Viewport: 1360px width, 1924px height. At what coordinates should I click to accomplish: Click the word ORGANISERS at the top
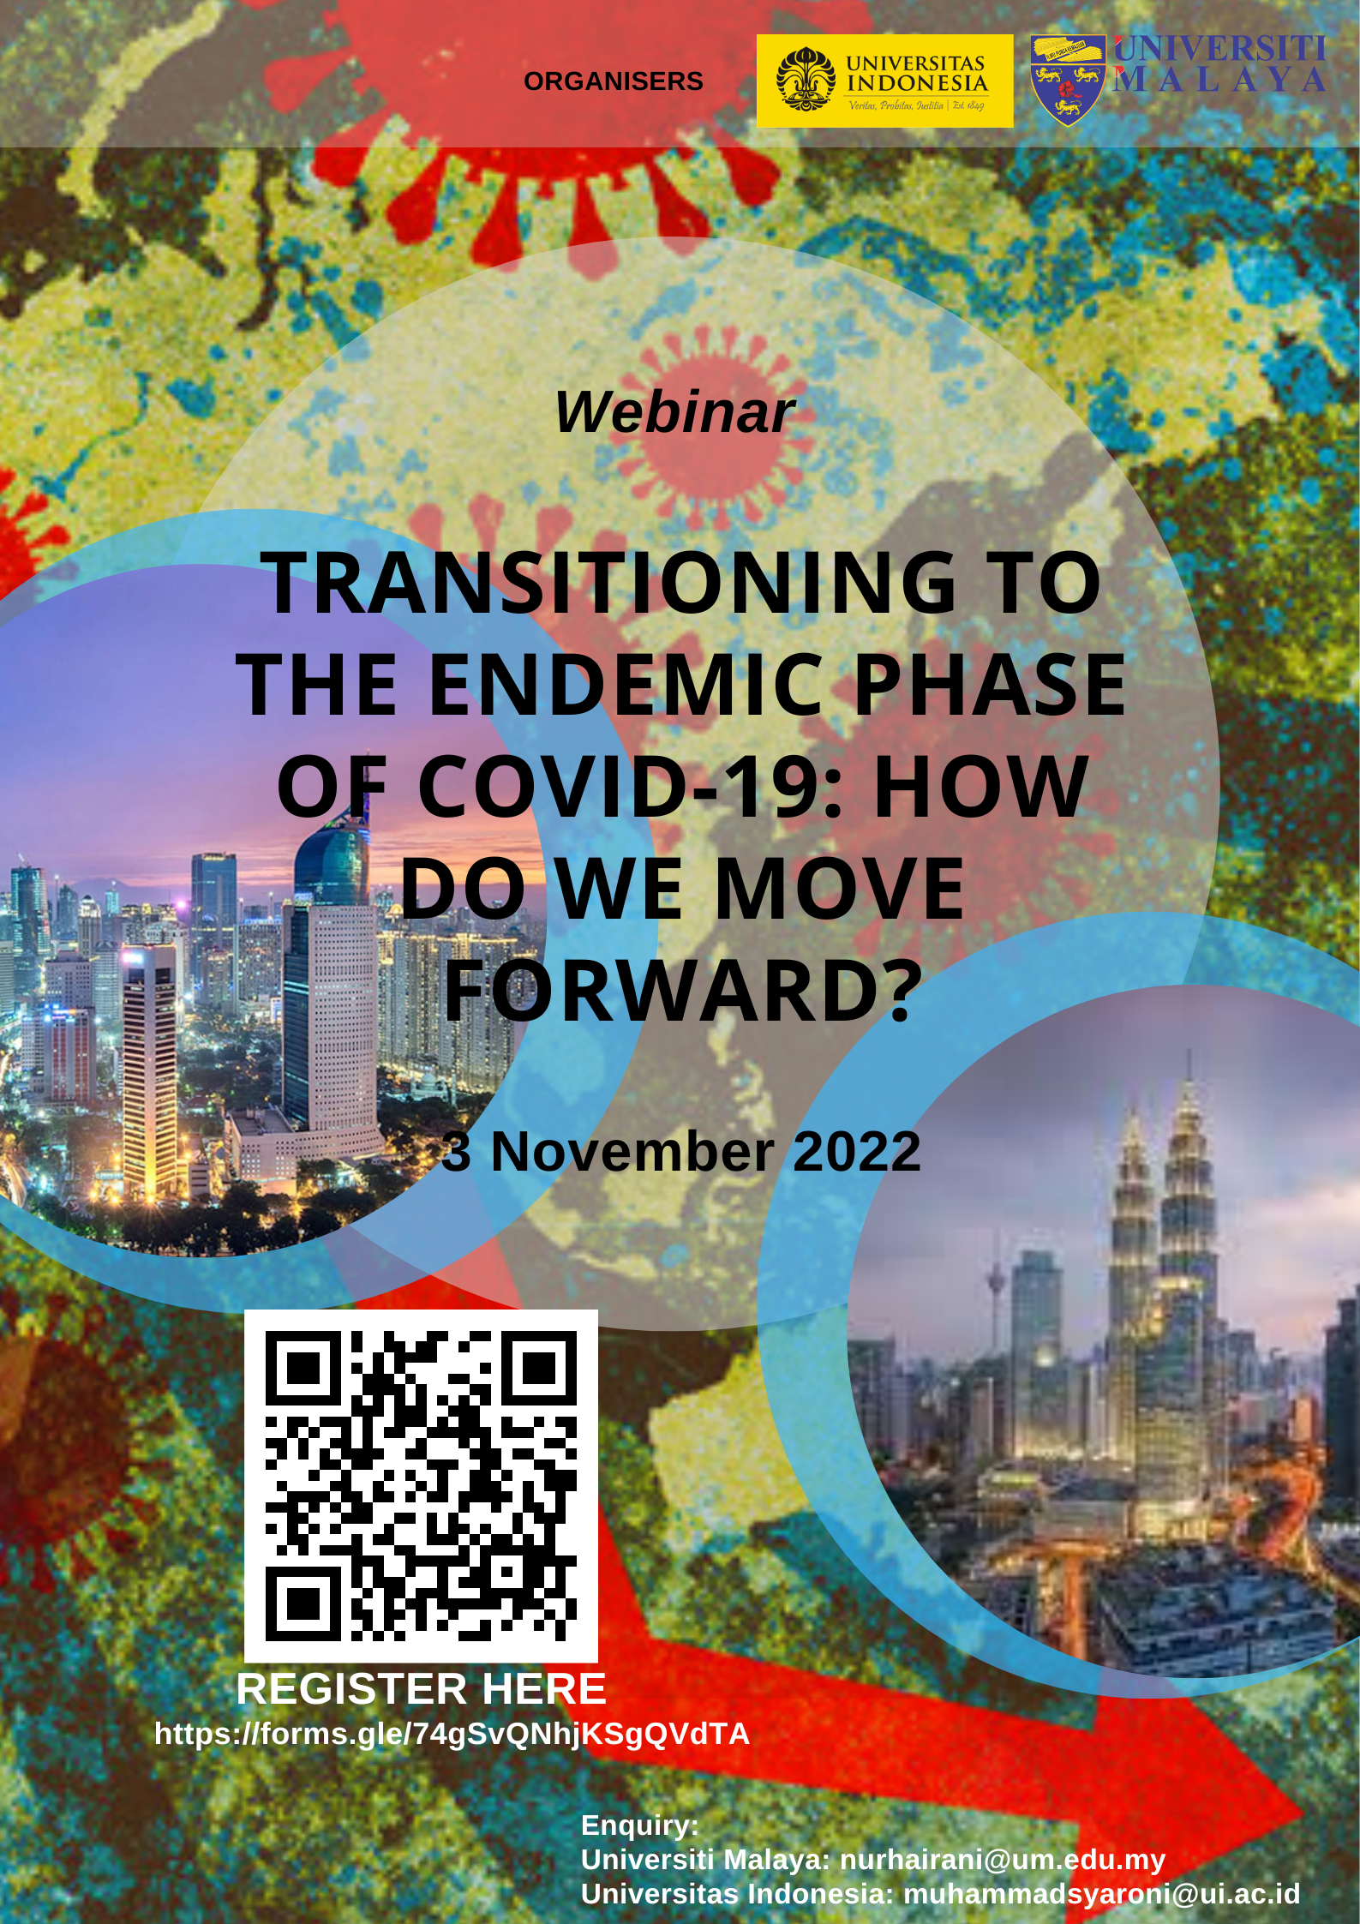click(x=613, y=81)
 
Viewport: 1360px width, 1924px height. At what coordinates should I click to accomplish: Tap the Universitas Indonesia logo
click(x=884, y=81)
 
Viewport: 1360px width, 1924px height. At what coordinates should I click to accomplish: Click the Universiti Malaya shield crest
click(x=1068, y=81)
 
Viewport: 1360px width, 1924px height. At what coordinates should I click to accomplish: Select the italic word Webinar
click(x=675, y=412)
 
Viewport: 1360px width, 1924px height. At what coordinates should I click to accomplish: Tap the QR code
click(x=421, y=1486)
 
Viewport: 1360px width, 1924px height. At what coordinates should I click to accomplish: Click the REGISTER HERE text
click(x=421, y=1689)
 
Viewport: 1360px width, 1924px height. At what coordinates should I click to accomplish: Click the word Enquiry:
click(x=640, y=1825)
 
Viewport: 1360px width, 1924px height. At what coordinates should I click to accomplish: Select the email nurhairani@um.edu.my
click(x=1003, y=1859)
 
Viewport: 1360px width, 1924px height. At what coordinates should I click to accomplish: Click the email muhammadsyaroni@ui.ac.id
click(x=1101, y=1893)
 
